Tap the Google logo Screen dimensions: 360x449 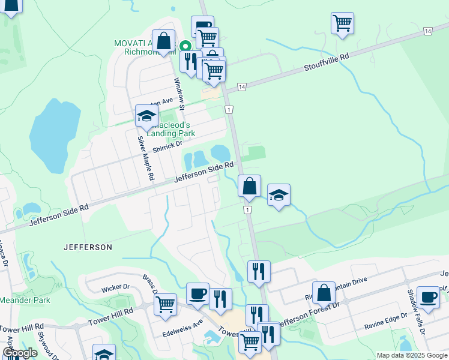(20, 353)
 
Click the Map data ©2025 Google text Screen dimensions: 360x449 (411, 355)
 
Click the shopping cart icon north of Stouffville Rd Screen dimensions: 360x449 (342, 23)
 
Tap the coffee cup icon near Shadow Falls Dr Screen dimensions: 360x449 (428, 296)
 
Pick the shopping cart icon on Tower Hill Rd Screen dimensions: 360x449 (165, 303)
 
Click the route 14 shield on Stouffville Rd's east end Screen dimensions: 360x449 (427, 31)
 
